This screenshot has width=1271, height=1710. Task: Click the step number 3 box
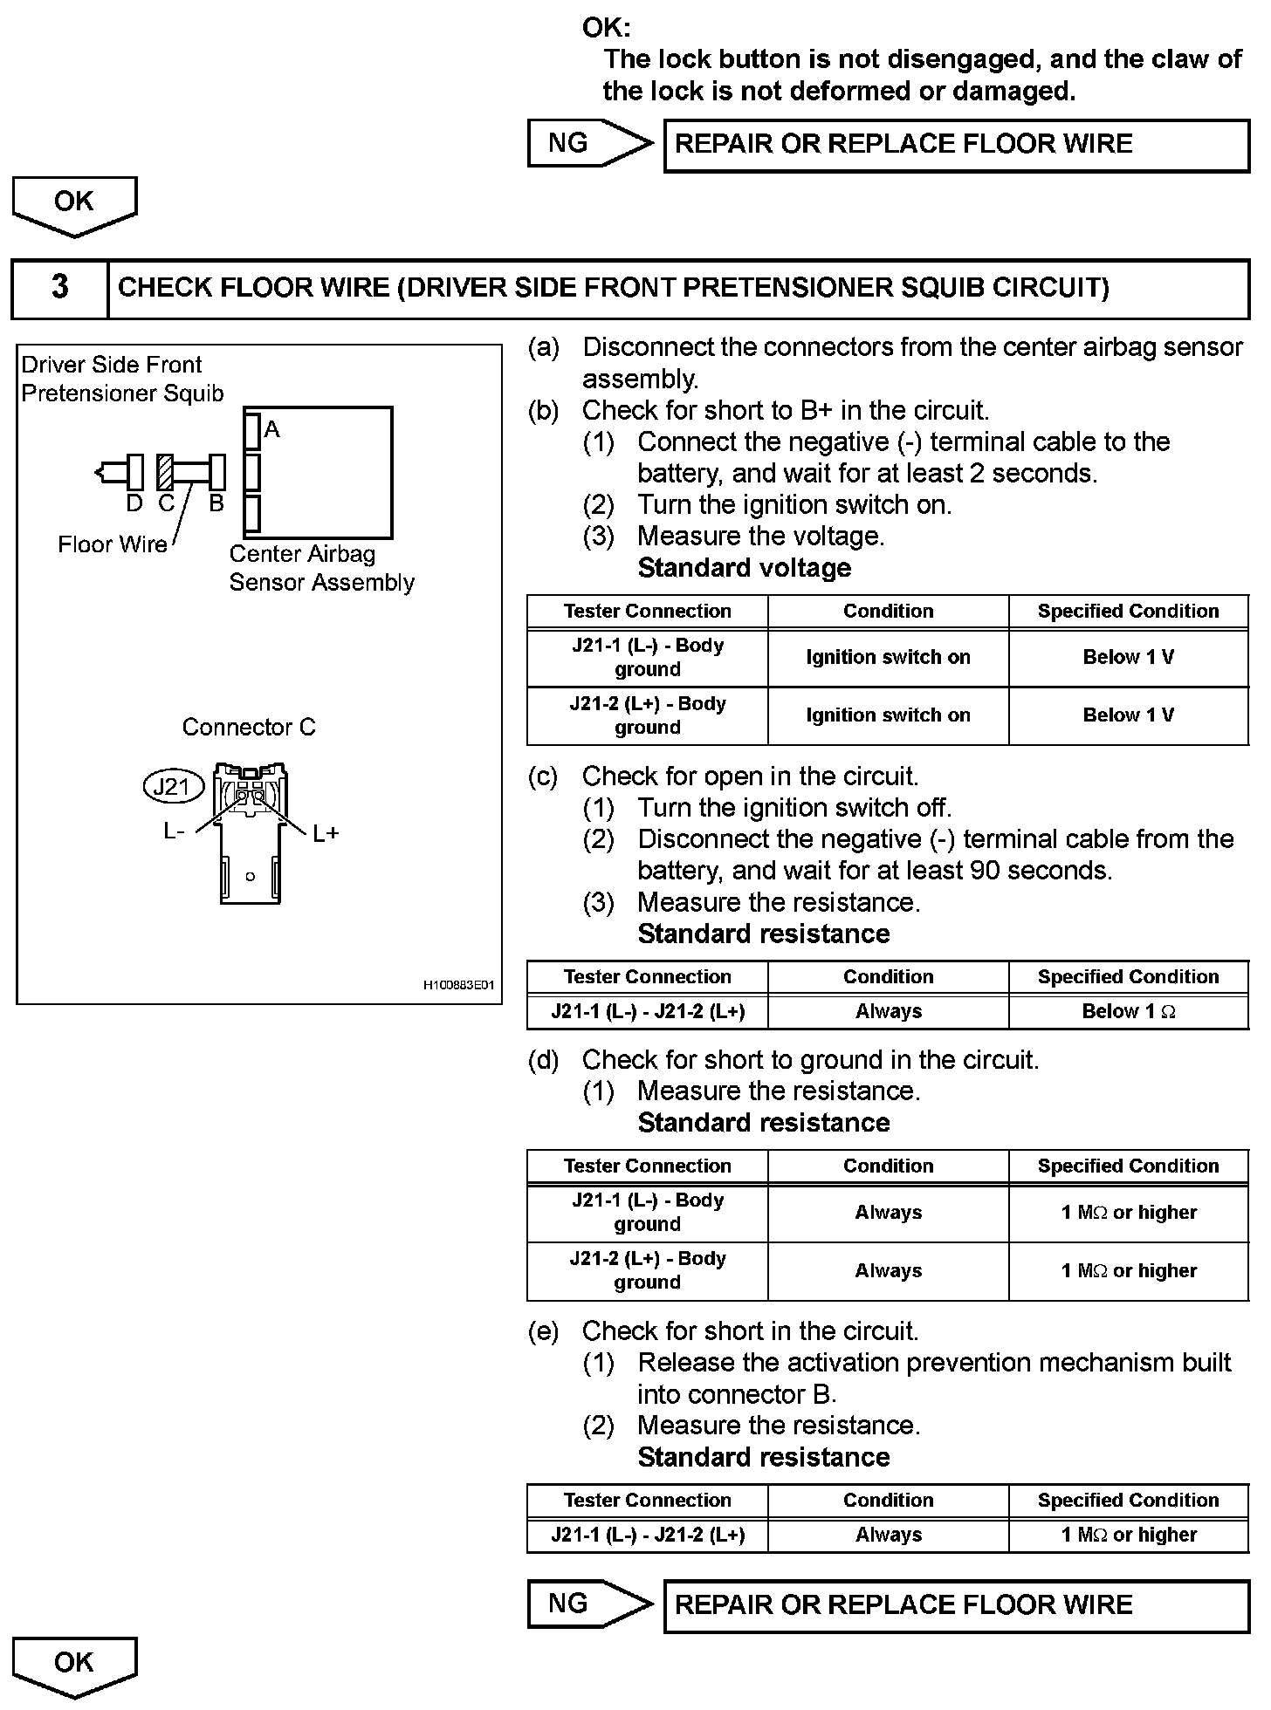click(59, 288)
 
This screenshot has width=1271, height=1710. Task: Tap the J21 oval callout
click(172, 787)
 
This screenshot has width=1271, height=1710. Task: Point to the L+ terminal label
click(326, 834)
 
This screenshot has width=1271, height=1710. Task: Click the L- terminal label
click(174, 832)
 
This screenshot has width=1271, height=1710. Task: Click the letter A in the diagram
click(271, 429)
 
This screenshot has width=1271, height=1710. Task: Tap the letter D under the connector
click(134, 503)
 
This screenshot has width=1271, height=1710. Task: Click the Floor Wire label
click(112, 544)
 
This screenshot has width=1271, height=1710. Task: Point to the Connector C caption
click(249, 727)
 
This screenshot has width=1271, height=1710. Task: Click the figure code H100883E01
click(459, 985)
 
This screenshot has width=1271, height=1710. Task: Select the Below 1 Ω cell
click(1128, 1012)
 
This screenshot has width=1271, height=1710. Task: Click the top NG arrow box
click(590, 143)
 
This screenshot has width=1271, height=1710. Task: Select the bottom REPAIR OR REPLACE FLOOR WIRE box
click(957, 1605)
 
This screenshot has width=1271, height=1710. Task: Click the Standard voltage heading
click(745, 568)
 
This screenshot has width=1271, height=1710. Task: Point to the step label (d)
click(543, 1060)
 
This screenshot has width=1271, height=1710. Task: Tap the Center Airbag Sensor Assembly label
click(321, 568)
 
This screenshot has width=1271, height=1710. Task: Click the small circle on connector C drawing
click(251, 876)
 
